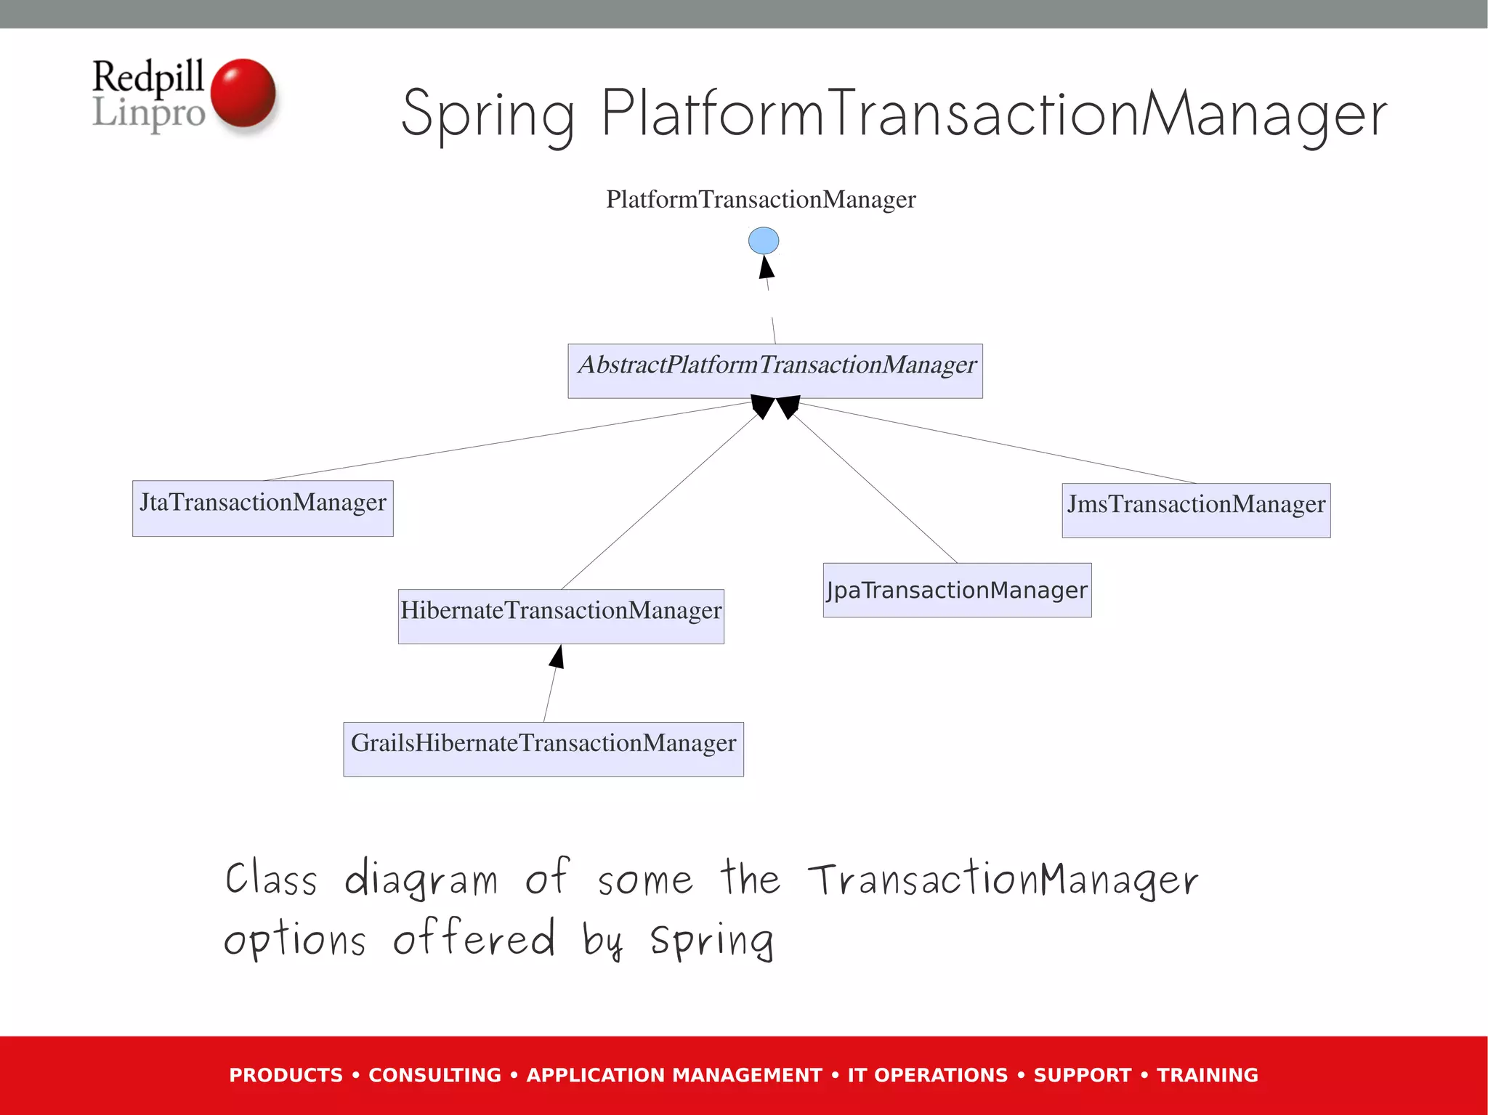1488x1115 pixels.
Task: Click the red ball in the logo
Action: (243, 93)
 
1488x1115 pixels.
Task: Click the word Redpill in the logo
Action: (148, 76)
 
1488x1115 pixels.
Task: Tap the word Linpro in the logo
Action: (149, 113)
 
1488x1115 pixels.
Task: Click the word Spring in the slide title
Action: (488, 115)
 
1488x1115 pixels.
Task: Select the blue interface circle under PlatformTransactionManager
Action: (764, 240)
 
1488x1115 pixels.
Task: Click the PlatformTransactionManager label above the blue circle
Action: (761, 199)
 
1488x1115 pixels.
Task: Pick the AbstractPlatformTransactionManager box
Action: (775, 371)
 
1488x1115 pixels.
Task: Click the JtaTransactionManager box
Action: (262, 508)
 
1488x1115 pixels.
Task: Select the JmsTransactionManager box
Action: (1196, 511)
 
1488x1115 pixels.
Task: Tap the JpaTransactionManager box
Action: (957, 590)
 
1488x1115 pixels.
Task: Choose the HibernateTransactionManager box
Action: (561, 616)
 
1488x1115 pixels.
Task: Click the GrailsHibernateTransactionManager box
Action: (543, 749)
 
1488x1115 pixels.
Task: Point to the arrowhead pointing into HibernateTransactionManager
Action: (557, 657)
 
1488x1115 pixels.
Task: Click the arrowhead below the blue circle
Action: (767, 267)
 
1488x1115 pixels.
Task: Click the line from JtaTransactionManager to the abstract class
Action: (509, 441)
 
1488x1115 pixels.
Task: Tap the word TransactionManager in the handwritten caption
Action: (1003, 880)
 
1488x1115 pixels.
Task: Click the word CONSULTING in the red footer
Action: (434, 1075)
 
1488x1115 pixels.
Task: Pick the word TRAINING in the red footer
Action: (1207, 1075)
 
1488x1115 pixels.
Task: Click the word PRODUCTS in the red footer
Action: (286, 1075)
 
